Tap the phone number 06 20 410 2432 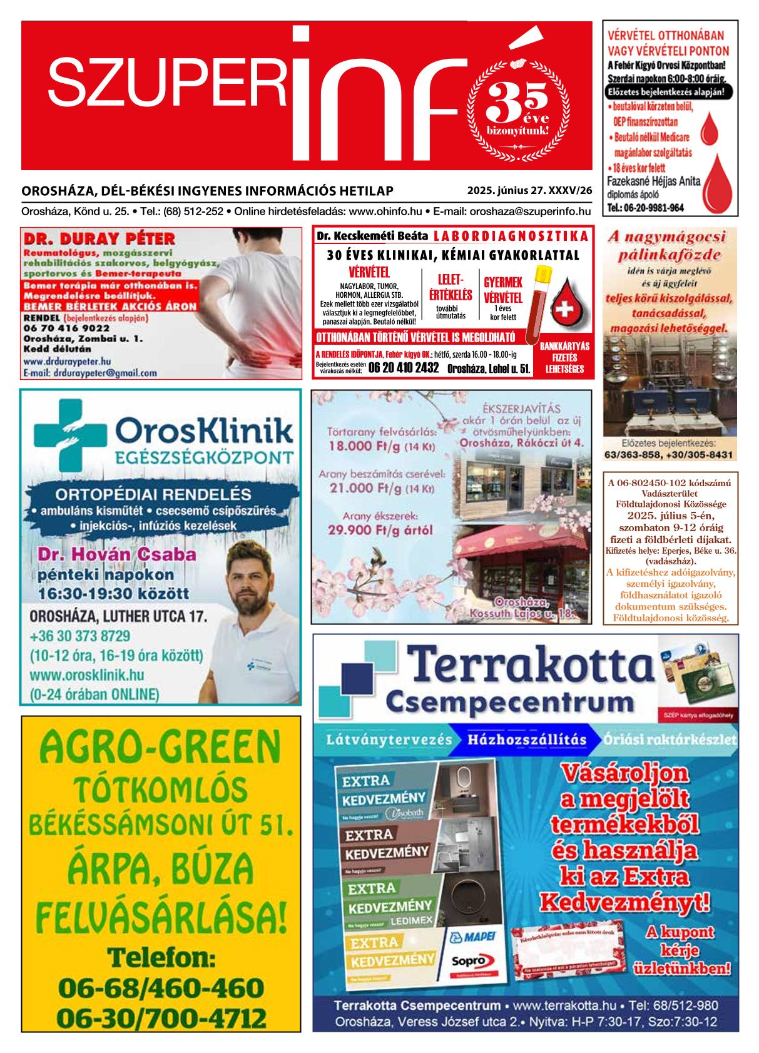tap(403, 367)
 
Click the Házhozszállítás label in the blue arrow tap(526, 740)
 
